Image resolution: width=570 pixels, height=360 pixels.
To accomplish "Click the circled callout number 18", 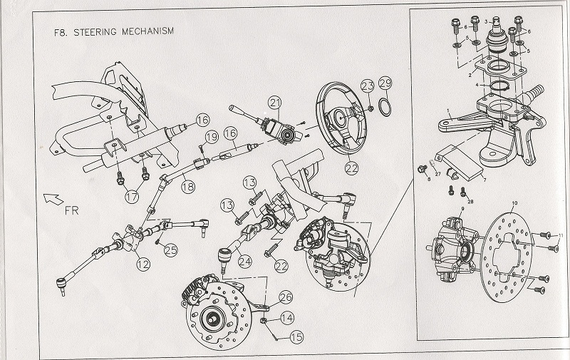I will point(186,187).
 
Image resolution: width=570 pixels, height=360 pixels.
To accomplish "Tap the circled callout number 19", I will point(211,137).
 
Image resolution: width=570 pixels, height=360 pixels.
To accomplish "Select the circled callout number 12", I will point(144,264).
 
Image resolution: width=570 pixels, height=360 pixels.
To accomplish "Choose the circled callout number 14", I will point(286,319).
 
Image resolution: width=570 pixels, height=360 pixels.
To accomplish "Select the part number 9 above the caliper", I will point(463,208).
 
